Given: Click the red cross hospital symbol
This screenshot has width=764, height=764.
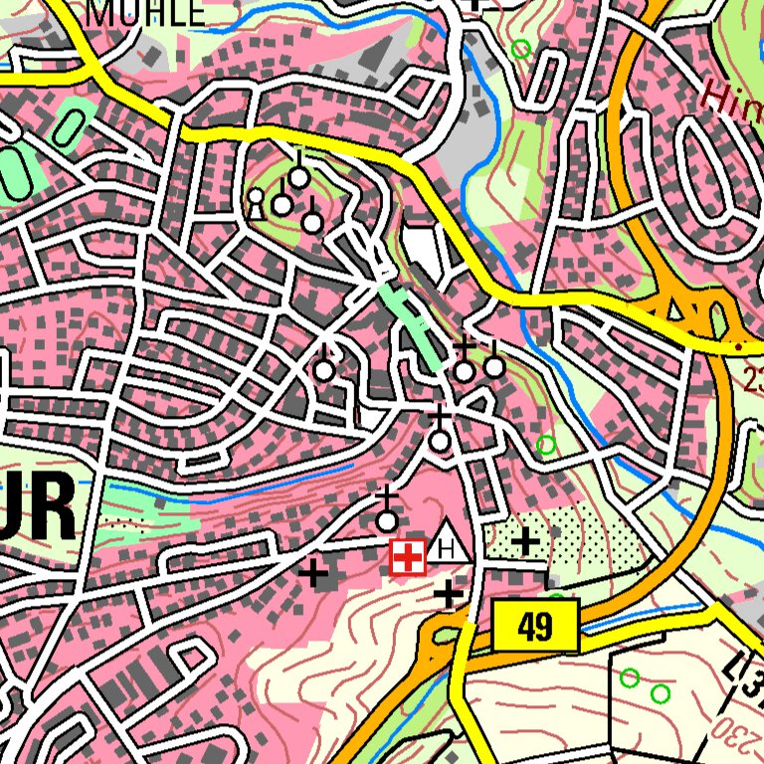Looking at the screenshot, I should point(407,557).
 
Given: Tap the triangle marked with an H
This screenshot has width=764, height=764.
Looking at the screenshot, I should point(450,543).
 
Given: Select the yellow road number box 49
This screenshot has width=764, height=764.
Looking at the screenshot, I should point(535,627).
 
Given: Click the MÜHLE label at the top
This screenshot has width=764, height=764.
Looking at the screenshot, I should point(146,12).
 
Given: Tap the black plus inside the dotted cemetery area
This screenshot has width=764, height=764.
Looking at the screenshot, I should point(525,542).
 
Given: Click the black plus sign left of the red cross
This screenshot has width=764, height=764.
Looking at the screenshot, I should point(314,573).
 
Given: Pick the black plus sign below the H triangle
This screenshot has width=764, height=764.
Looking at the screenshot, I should point(449,595).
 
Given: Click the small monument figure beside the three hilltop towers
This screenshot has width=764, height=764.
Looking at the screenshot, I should point(256,202).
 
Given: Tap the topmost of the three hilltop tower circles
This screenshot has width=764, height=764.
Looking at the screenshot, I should point(298,176).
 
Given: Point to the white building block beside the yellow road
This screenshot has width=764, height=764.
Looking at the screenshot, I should point(423,251).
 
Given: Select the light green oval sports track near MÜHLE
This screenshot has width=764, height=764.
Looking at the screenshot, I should point(70,126).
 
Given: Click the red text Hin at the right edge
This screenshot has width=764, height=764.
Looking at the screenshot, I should point(731,95).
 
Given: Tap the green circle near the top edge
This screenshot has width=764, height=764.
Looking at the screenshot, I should point(520,49).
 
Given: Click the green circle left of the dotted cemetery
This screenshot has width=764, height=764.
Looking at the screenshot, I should point(545,445).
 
